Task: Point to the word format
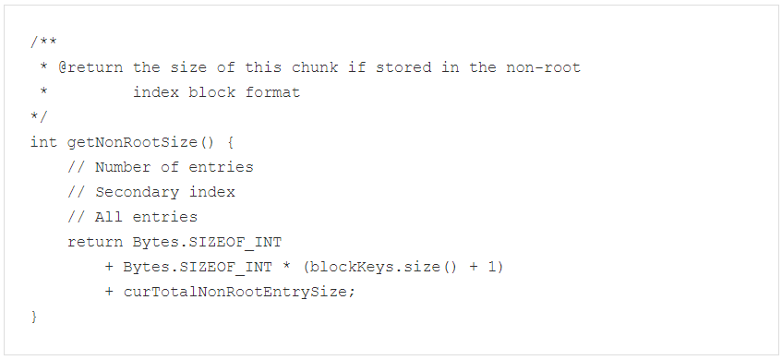point(272,92)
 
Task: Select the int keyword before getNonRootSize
point(44,142)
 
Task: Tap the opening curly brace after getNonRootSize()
point(231,142)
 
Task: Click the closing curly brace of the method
point(34,317)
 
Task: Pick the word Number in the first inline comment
point(123,167)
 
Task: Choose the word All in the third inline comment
point(109,217)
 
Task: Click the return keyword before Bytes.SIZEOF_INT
point(90,242)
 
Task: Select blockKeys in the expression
point(347,267)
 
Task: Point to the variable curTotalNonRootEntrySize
point(239,292)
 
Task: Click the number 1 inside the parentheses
point(497,267)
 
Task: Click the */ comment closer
point(39,117)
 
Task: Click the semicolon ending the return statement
point(352,292)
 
